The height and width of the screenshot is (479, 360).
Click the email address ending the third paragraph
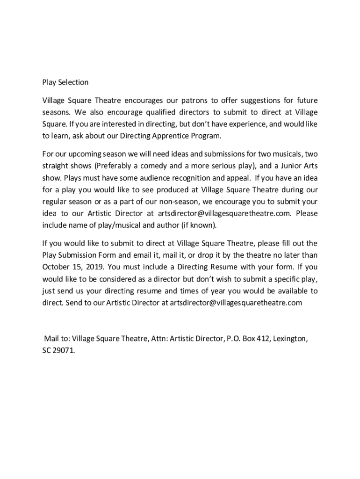[236, 303]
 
